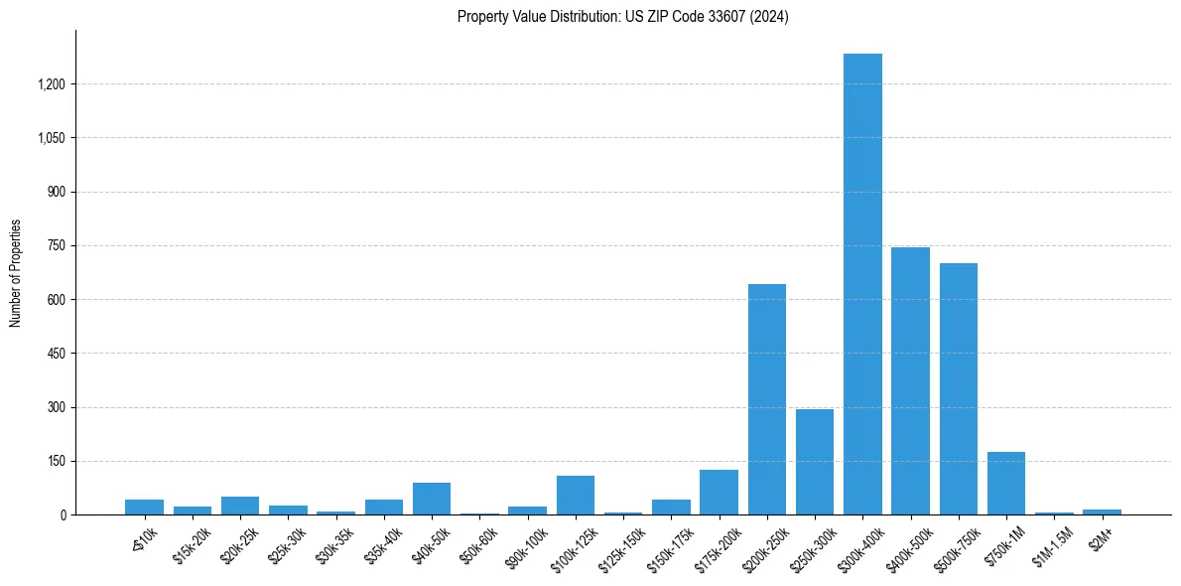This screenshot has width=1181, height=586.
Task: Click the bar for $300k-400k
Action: pyautogui.click(x=862, y=284)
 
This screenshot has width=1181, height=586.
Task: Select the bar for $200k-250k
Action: pyautogui.click(x=766, y=399)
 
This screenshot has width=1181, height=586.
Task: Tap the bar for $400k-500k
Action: pyautogui.click(x=910, y=380)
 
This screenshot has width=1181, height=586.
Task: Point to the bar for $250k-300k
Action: pyautogui.click(x=814, y=462)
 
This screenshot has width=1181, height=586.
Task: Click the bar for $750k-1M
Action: pyautogui.click(x=1005, y=484)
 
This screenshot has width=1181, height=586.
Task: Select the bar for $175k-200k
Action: pyautogui.click(x=719, y=493)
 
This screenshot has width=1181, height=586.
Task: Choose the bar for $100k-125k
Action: pyautogui.click(x=575, y=496)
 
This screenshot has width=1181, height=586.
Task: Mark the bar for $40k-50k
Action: pyautogui.click(x=432, y=499)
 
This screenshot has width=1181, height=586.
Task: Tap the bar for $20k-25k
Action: pyautogui.click(x=240, y=506)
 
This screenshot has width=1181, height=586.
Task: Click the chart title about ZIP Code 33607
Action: pyautogui.click(x=623, y=17)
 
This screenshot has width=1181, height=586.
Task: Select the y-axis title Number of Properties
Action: pyautogui.click(x=16, y=273)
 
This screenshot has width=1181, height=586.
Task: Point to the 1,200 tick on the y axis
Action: pyautogui.click(x=51, y=84)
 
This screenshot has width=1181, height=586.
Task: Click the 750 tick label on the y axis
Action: pyautogui.click(x=56, y=246)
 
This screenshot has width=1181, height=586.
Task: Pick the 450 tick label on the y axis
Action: pyautogui.click(x=56, y=354)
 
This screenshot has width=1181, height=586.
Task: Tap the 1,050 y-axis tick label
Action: pyautogui.click(x=51, y=138)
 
